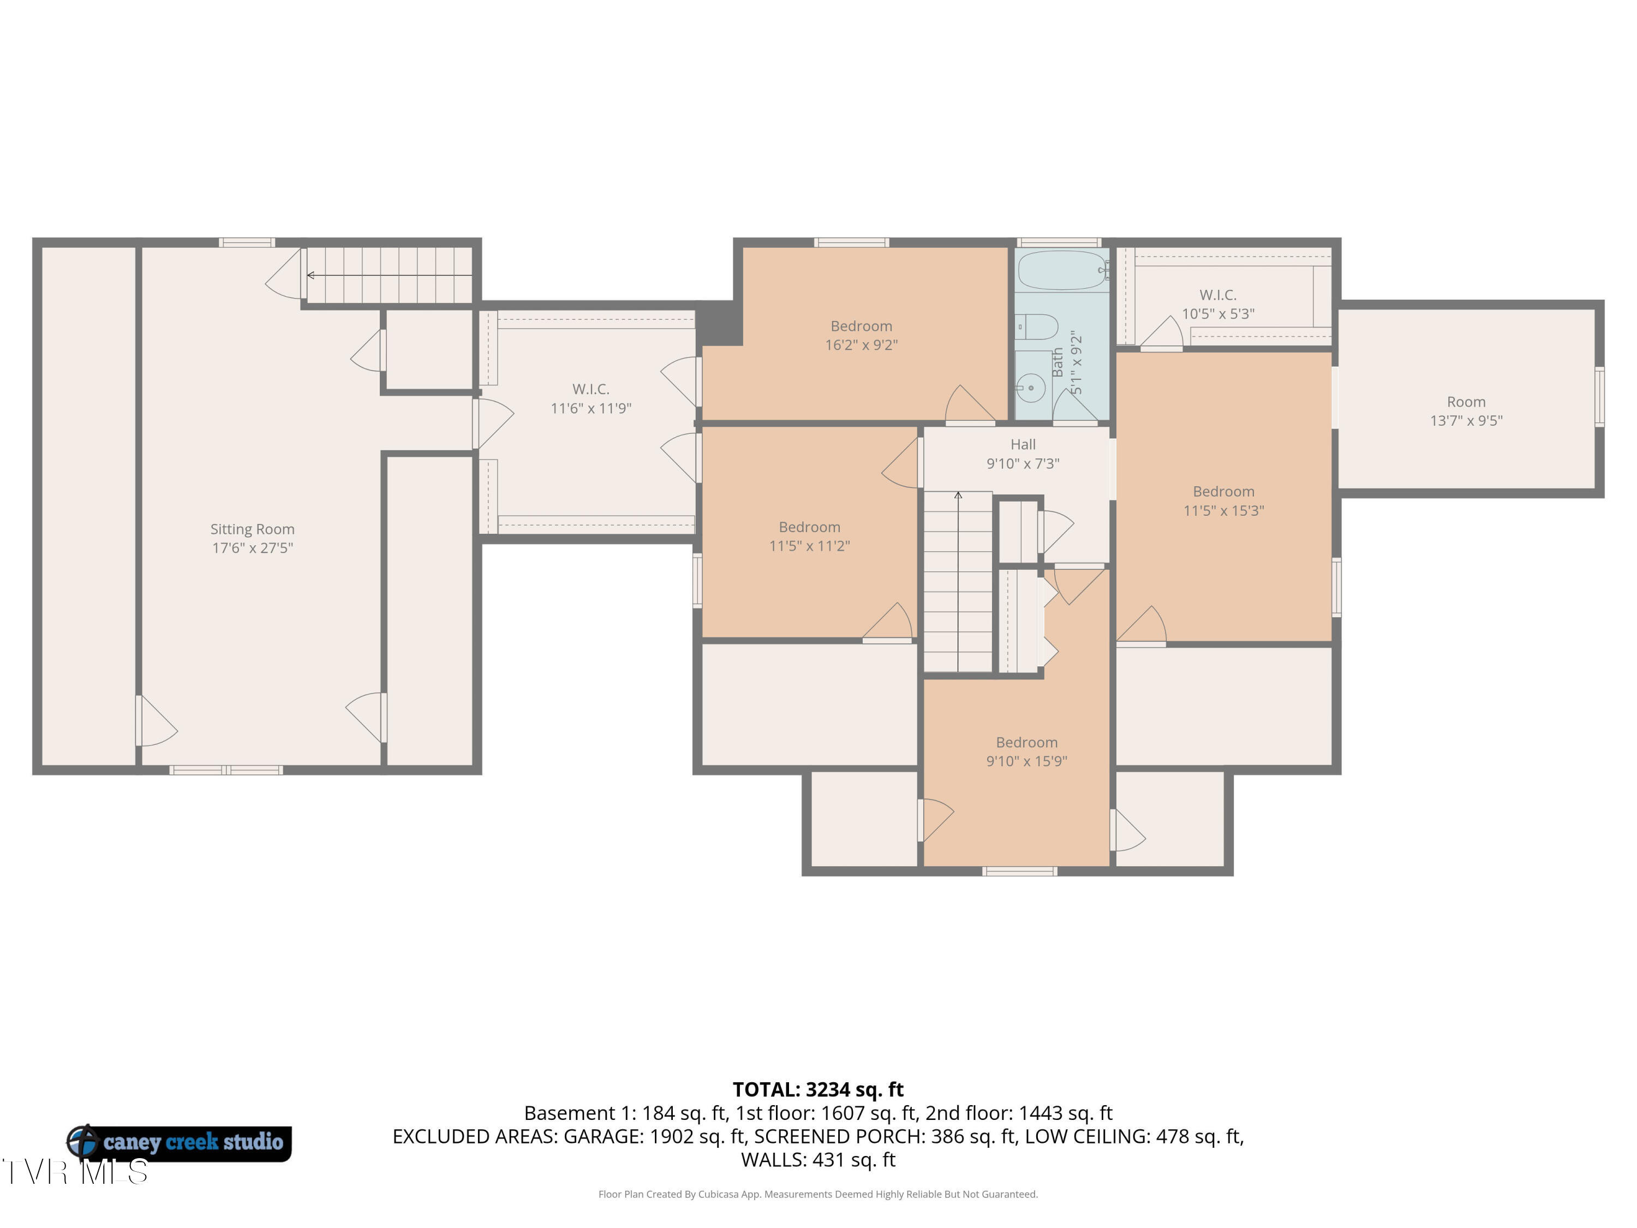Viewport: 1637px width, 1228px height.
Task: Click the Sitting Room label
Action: [x=252, y=538]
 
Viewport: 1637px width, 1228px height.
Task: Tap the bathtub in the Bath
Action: [x=1063, y=270]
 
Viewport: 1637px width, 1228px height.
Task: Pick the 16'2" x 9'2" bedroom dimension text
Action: [x=862, y=345]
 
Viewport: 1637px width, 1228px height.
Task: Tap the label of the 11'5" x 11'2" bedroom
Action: [x=810, y=536]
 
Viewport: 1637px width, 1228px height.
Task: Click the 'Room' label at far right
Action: [x=1466, y=402]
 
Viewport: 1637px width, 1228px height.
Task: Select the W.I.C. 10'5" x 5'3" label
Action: [x=1218, y=304]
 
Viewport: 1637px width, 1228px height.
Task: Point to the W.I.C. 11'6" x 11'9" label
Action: [x=590, y=398]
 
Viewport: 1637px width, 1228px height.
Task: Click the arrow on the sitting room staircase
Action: [x=390, y=276]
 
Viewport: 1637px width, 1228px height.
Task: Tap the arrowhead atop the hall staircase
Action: [x=958, y=495]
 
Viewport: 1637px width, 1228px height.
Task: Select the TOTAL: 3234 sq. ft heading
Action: [x=818, y=1089]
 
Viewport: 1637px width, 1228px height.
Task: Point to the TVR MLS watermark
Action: [x=75, y=1172]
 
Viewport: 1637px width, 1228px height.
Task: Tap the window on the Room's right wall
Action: [x=1599, y=397]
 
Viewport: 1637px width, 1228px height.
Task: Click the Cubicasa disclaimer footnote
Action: [x=818, y=1194]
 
